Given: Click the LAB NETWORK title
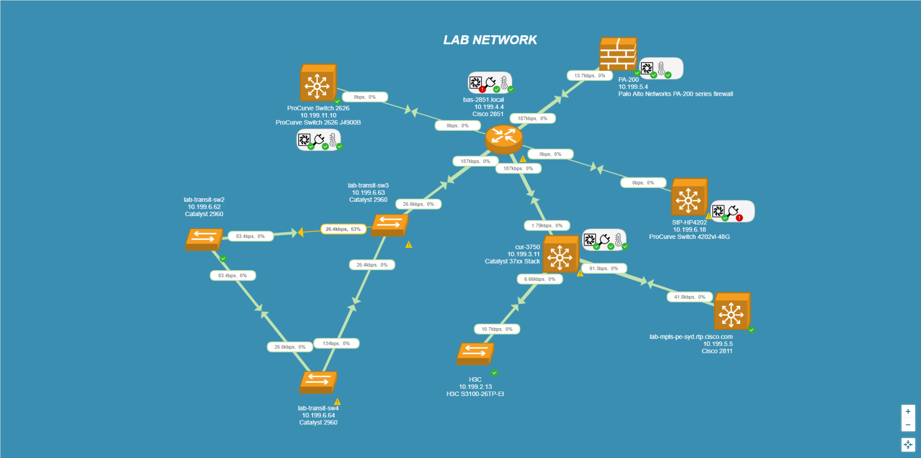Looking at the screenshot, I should click(490, 40).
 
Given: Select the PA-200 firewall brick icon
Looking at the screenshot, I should click(617, 54).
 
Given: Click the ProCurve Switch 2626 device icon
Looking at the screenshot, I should click(318, 83).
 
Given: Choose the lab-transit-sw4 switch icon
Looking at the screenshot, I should click(318, 382).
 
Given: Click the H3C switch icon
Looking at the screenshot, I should click(475, 353).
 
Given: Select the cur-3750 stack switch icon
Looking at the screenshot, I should click(560, 254).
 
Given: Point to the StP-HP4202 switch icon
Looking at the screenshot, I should click(689, 197).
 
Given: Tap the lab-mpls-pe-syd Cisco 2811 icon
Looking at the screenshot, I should click(732, 311).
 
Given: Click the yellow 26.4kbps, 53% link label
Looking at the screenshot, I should click(343, 229).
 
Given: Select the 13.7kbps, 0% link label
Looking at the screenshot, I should click(590, 76).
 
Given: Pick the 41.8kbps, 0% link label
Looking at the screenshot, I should click(689, 297).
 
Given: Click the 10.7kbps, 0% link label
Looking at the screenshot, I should click(497, 329).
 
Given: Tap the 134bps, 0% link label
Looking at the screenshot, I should click(336, 343).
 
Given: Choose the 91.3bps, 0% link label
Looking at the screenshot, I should click(604, 268).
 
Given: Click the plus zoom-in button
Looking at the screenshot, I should click(908, 411).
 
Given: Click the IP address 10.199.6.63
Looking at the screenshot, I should click(368, 193).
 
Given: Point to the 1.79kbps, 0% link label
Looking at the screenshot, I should click(547, 226).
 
